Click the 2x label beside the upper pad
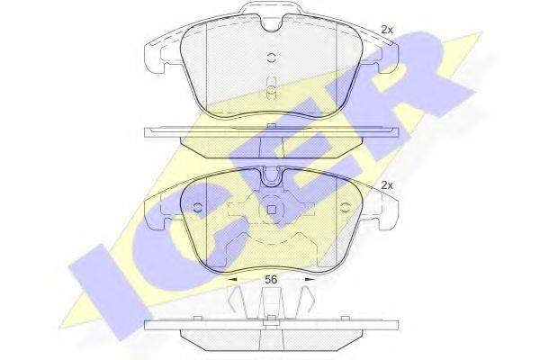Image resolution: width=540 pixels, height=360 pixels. (387, 30)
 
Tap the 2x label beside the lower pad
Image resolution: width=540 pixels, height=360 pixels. (387, 185)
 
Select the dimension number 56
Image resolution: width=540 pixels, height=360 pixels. (271, 279)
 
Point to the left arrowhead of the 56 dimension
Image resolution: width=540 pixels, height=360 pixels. (232, 279)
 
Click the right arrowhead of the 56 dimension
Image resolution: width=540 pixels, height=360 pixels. (310, 279)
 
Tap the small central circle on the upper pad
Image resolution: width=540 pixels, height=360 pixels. (272, 58)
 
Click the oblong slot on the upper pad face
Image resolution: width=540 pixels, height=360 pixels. (272, 88)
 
